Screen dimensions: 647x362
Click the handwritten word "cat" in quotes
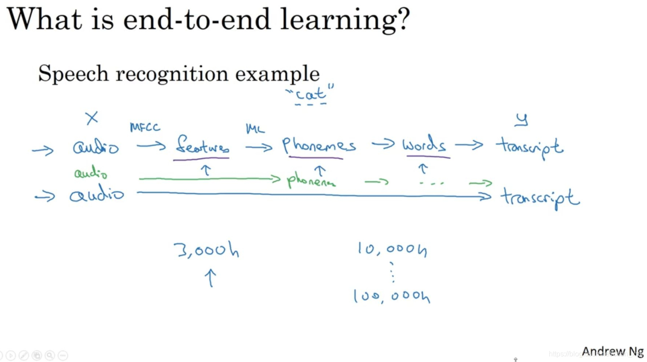311,94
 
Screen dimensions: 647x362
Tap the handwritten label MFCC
145,127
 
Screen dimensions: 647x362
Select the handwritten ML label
255,129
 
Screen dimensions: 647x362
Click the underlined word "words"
424,145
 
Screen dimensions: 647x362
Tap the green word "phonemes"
311,181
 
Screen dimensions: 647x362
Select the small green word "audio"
91,174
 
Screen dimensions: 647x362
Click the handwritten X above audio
92,118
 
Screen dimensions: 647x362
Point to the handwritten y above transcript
522,119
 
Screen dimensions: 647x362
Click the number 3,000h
207,251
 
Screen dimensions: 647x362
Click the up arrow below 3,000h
210,278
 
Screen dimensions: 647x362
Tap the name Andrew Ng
612,351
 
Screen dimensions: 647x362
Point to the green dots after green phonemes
431,183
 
